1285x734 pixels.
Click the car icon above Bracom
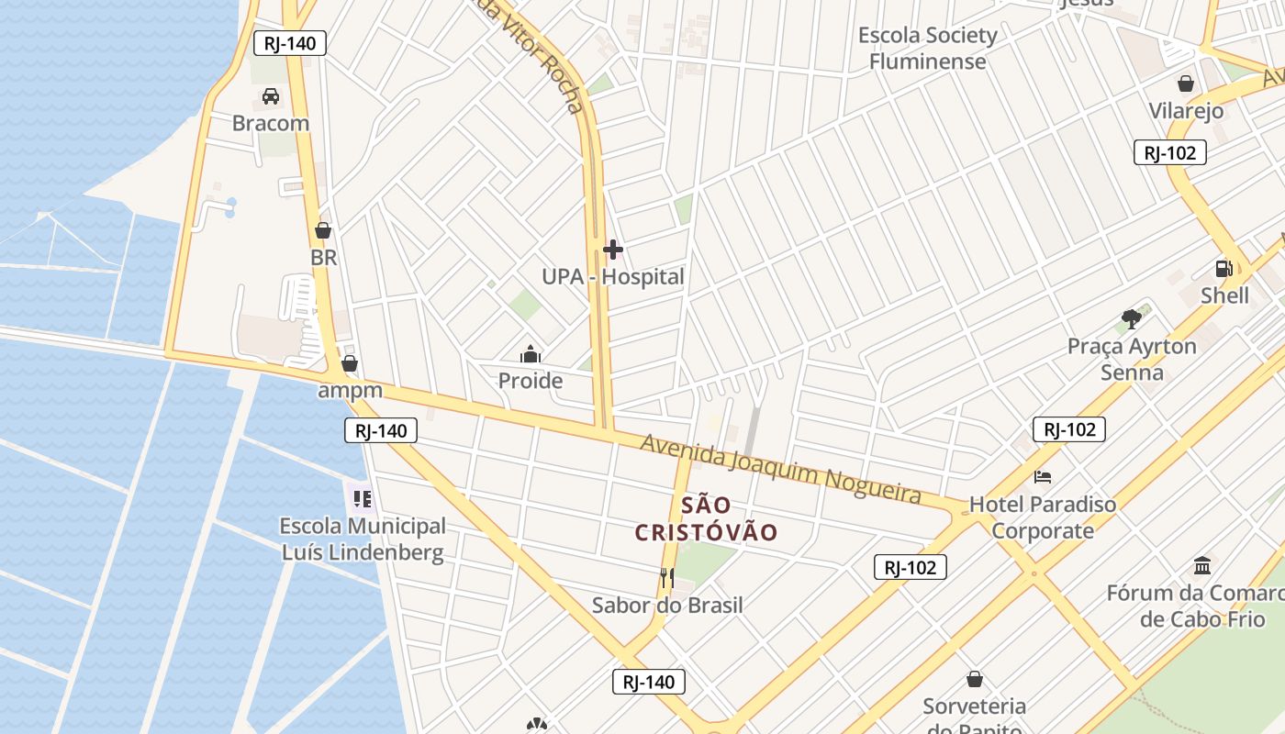coord(271,95)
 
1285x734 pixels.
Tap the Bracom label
coord(271,123)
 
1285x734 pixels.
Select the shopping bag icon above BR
coord(323,230)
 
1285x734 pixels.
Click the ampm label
coord(350,391)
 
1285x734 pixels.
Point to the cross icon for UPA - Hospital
coord(613,250)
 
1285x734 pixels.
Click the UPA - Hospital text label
coord(613,277)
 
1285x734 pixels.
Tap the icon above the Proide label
coord(531,354)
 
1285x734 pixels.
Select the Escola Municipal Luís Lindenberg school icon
coord(363,499)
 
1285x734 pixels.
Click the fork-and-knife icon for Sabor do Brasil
coord(667,578)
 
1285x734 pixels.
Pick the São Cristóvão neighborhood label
coord(707,518)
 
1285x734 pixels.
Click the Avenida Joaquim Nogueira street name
coord(780,469)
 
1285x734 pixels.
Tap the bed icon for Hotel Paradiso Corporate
coord(1043,477)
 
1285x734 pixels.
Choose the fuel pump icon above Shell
coord(1224,269)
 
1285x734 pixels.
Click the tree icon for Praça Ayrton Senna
coord(1132,319)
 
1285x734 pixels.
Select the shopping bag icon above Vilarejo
coord(1186,83)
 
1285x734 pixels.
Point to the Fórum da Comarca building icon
coord(1202,565)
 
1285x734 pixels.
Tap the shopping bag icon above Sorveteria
coord(975,679)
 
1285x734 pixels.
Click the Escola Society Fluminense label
coord(927,49)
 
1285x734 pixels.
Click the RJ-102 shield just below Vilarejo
coord(1169,152)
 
